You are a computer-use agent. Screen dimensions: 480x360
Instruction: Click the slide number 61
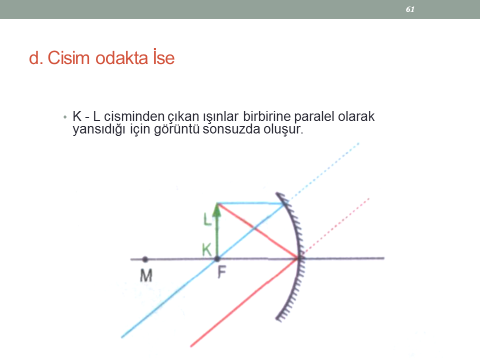(x=410, y=9)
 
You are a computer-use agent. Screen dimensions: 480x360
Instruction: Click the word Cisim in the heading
(x=68, y=57)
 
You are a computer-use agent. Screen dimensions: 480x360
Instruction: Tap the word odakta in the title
(x=121, y=57)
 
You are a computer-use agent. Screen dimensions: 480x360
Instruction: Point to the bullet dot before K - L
(x=64, y=117)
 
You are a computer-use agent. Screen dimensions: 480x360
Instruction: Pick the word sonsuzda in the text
(x=231, y=129)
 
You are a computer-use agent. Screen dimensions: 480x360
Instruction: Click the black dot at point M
(x=145, y=259)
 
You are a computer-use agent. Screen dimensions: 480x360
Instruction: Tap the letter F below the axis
(x=221, y=272)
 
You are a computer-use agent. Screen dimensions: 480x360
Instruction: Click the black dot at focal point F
(x=217, y=259)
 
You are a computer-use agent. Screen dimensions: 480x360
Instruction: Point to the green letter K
(x=206, y=249)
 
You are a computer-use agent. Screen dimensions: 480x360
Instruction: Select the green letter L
(x=207, y=219)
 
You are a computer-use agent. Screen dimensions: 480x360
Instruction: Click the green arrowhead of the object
(x=216, y=210)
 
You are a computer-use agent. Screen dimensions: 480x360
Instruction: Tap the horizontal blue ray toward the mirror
(x=251, y=203)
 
